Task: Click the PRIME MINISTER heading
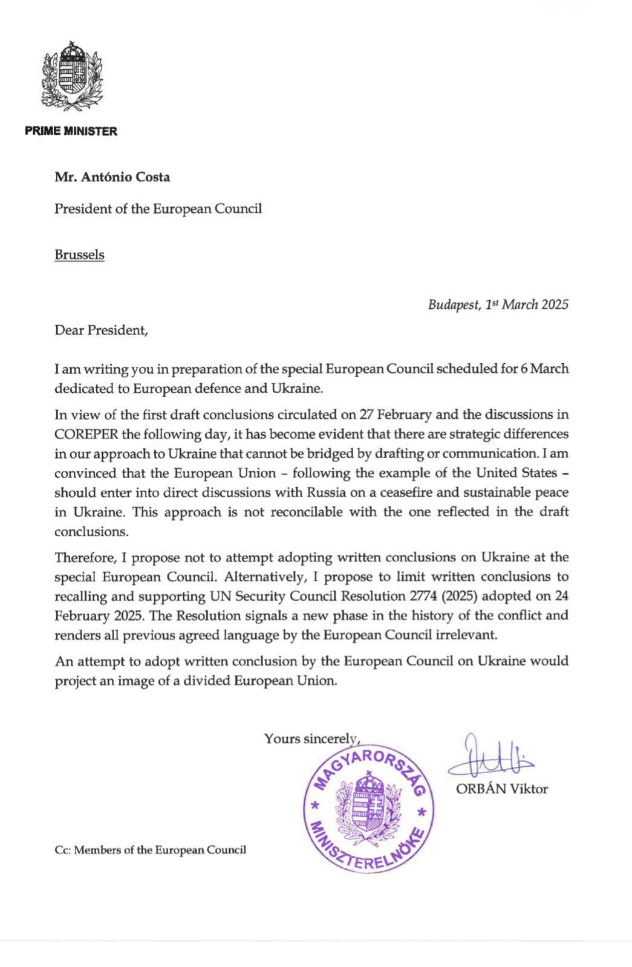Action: click(x=71, y=131)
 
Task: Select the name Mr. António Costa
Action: click(x=112, y=177)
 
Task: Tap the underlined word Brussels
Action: click(x=79, y=254)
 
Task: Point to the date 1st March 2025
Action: click(x=526, y=304)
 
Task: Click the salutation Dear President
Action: click(x=100, y=331)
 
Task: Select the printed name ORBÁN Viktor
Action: click(x=501, y=789)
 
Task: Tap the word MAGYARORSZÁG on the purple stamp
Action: click(x=370, y=768)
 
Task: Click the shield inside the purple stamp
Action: click(x=368, y=809)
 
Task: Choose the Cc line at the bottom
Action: click(x=150, y=850)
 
